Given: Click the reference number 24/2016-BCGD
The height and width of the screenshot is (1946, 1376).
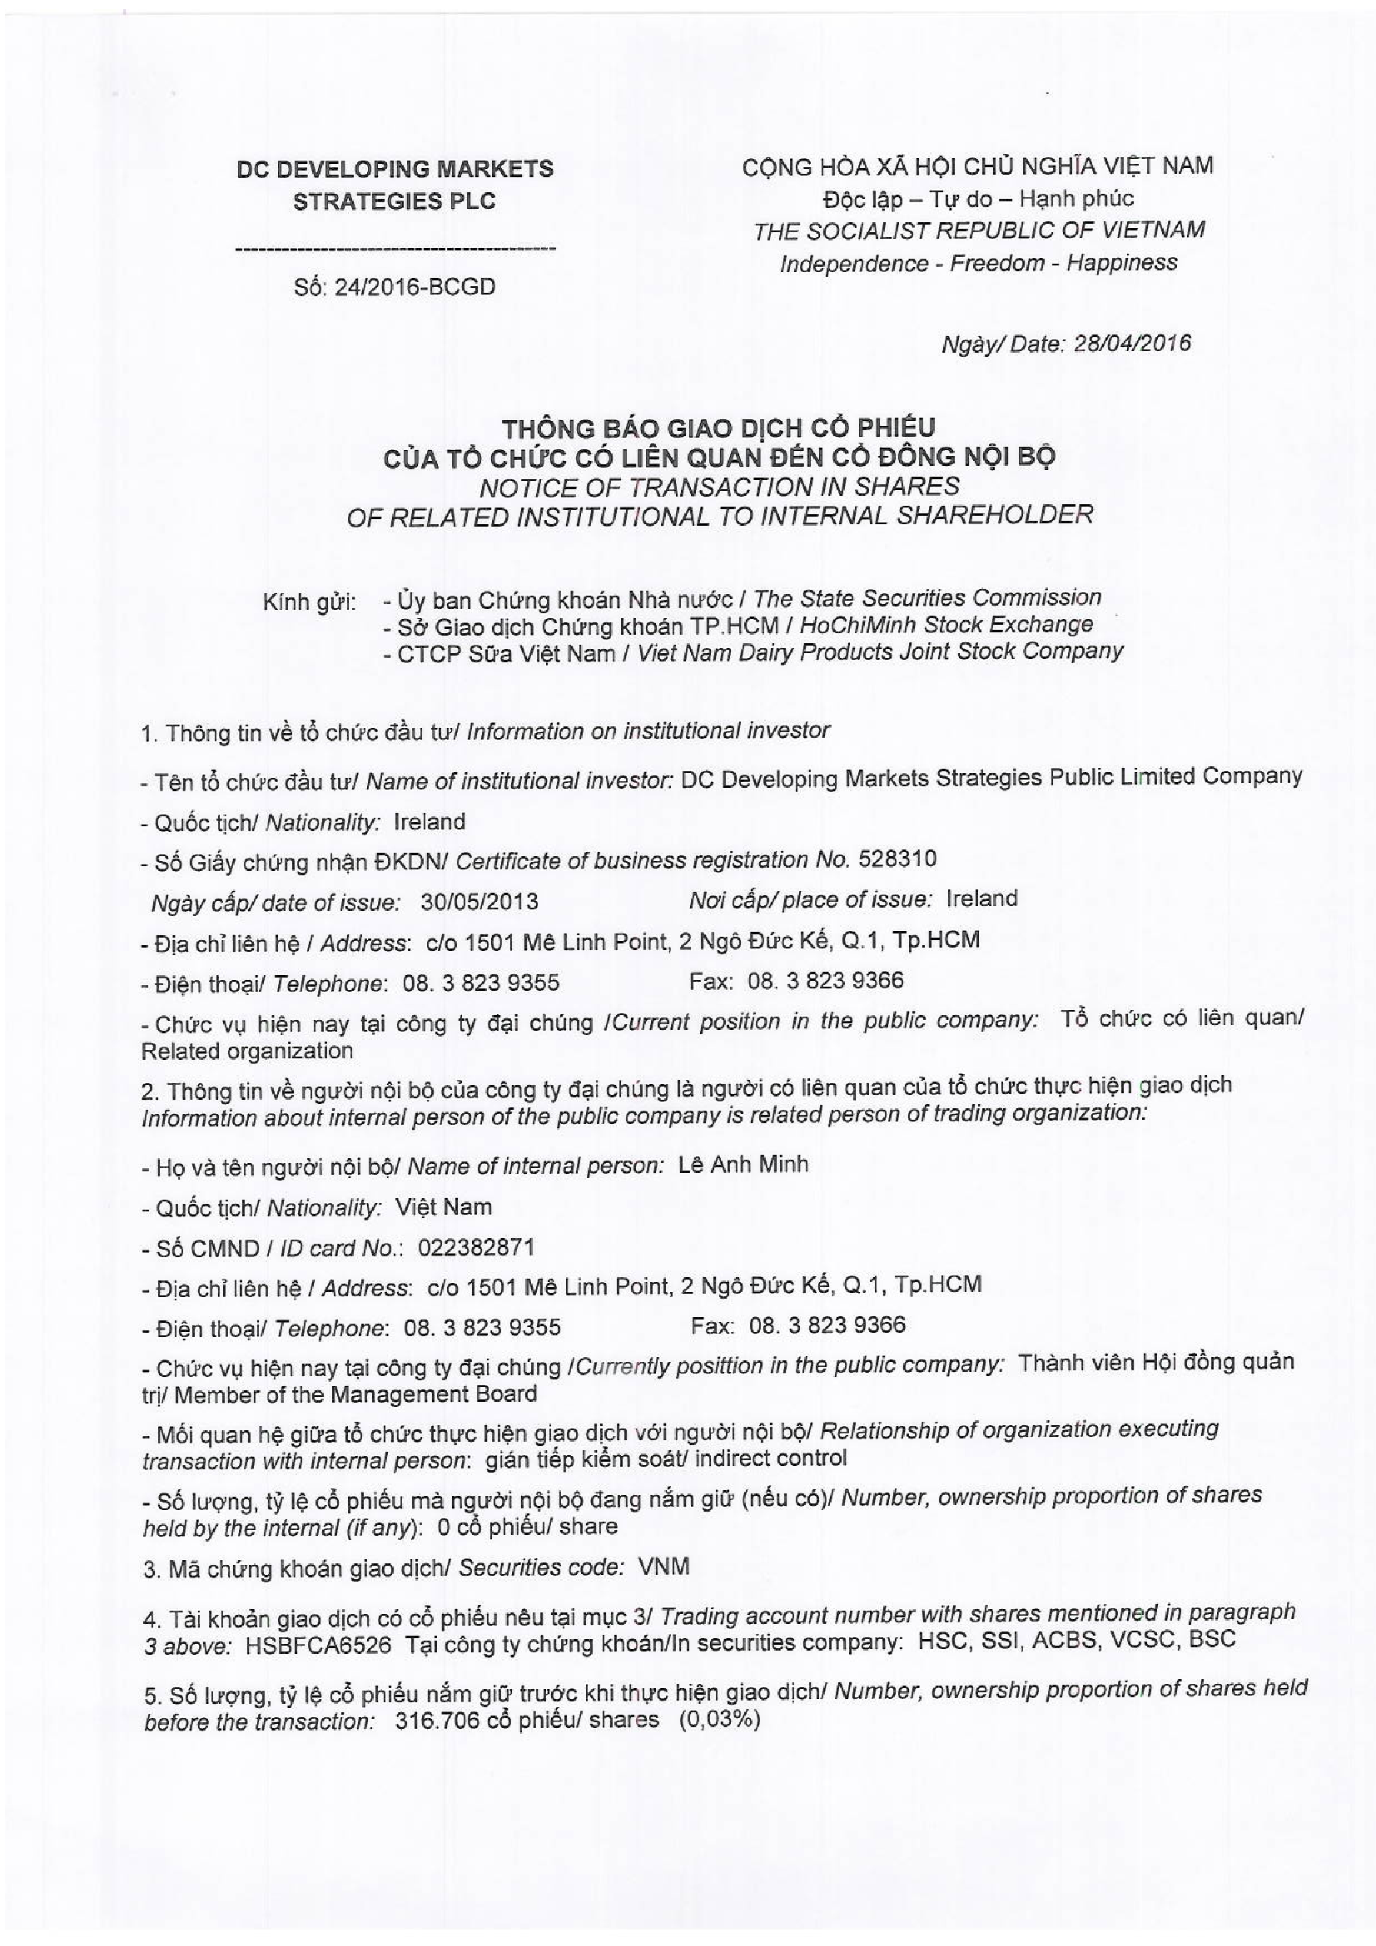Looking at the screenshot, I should [x=415, y=287].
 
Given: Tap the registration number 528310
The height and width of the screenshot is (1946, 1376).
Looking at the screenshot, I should [x=897, y=859].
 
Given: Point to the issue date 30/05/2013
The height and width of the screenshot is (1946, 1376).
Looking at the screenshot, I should [x=479, y=901].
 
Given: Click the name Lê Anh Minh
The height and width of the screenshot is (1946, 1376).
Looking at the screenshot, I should [x=743, y=1165].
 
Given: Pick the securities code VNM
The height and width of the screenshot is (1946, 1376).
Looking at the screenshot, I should [x=663, y=1567].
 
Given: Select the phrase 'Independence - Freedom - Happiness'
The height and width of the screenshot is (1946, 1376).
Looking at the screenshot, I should [x=977, y=263].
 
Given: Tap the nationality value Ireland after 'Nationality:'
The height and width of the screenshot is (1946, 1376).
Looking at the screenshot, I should [x=429, y=821].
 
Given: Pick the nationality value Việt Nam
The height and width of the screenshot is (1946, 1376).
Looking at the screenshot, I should [x=444, y=1207].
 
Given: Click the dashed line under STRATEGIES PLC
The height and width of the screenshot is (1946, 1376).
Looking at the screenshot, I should [x=395, y=250].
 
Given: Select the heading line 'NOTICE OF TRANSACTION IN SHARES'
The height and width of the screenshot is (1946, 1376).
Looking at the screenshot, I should [x=719, y=487].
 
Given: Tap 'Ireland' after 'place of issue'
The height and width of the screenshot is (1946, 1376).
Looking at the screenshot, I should [x=981, y=899].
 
